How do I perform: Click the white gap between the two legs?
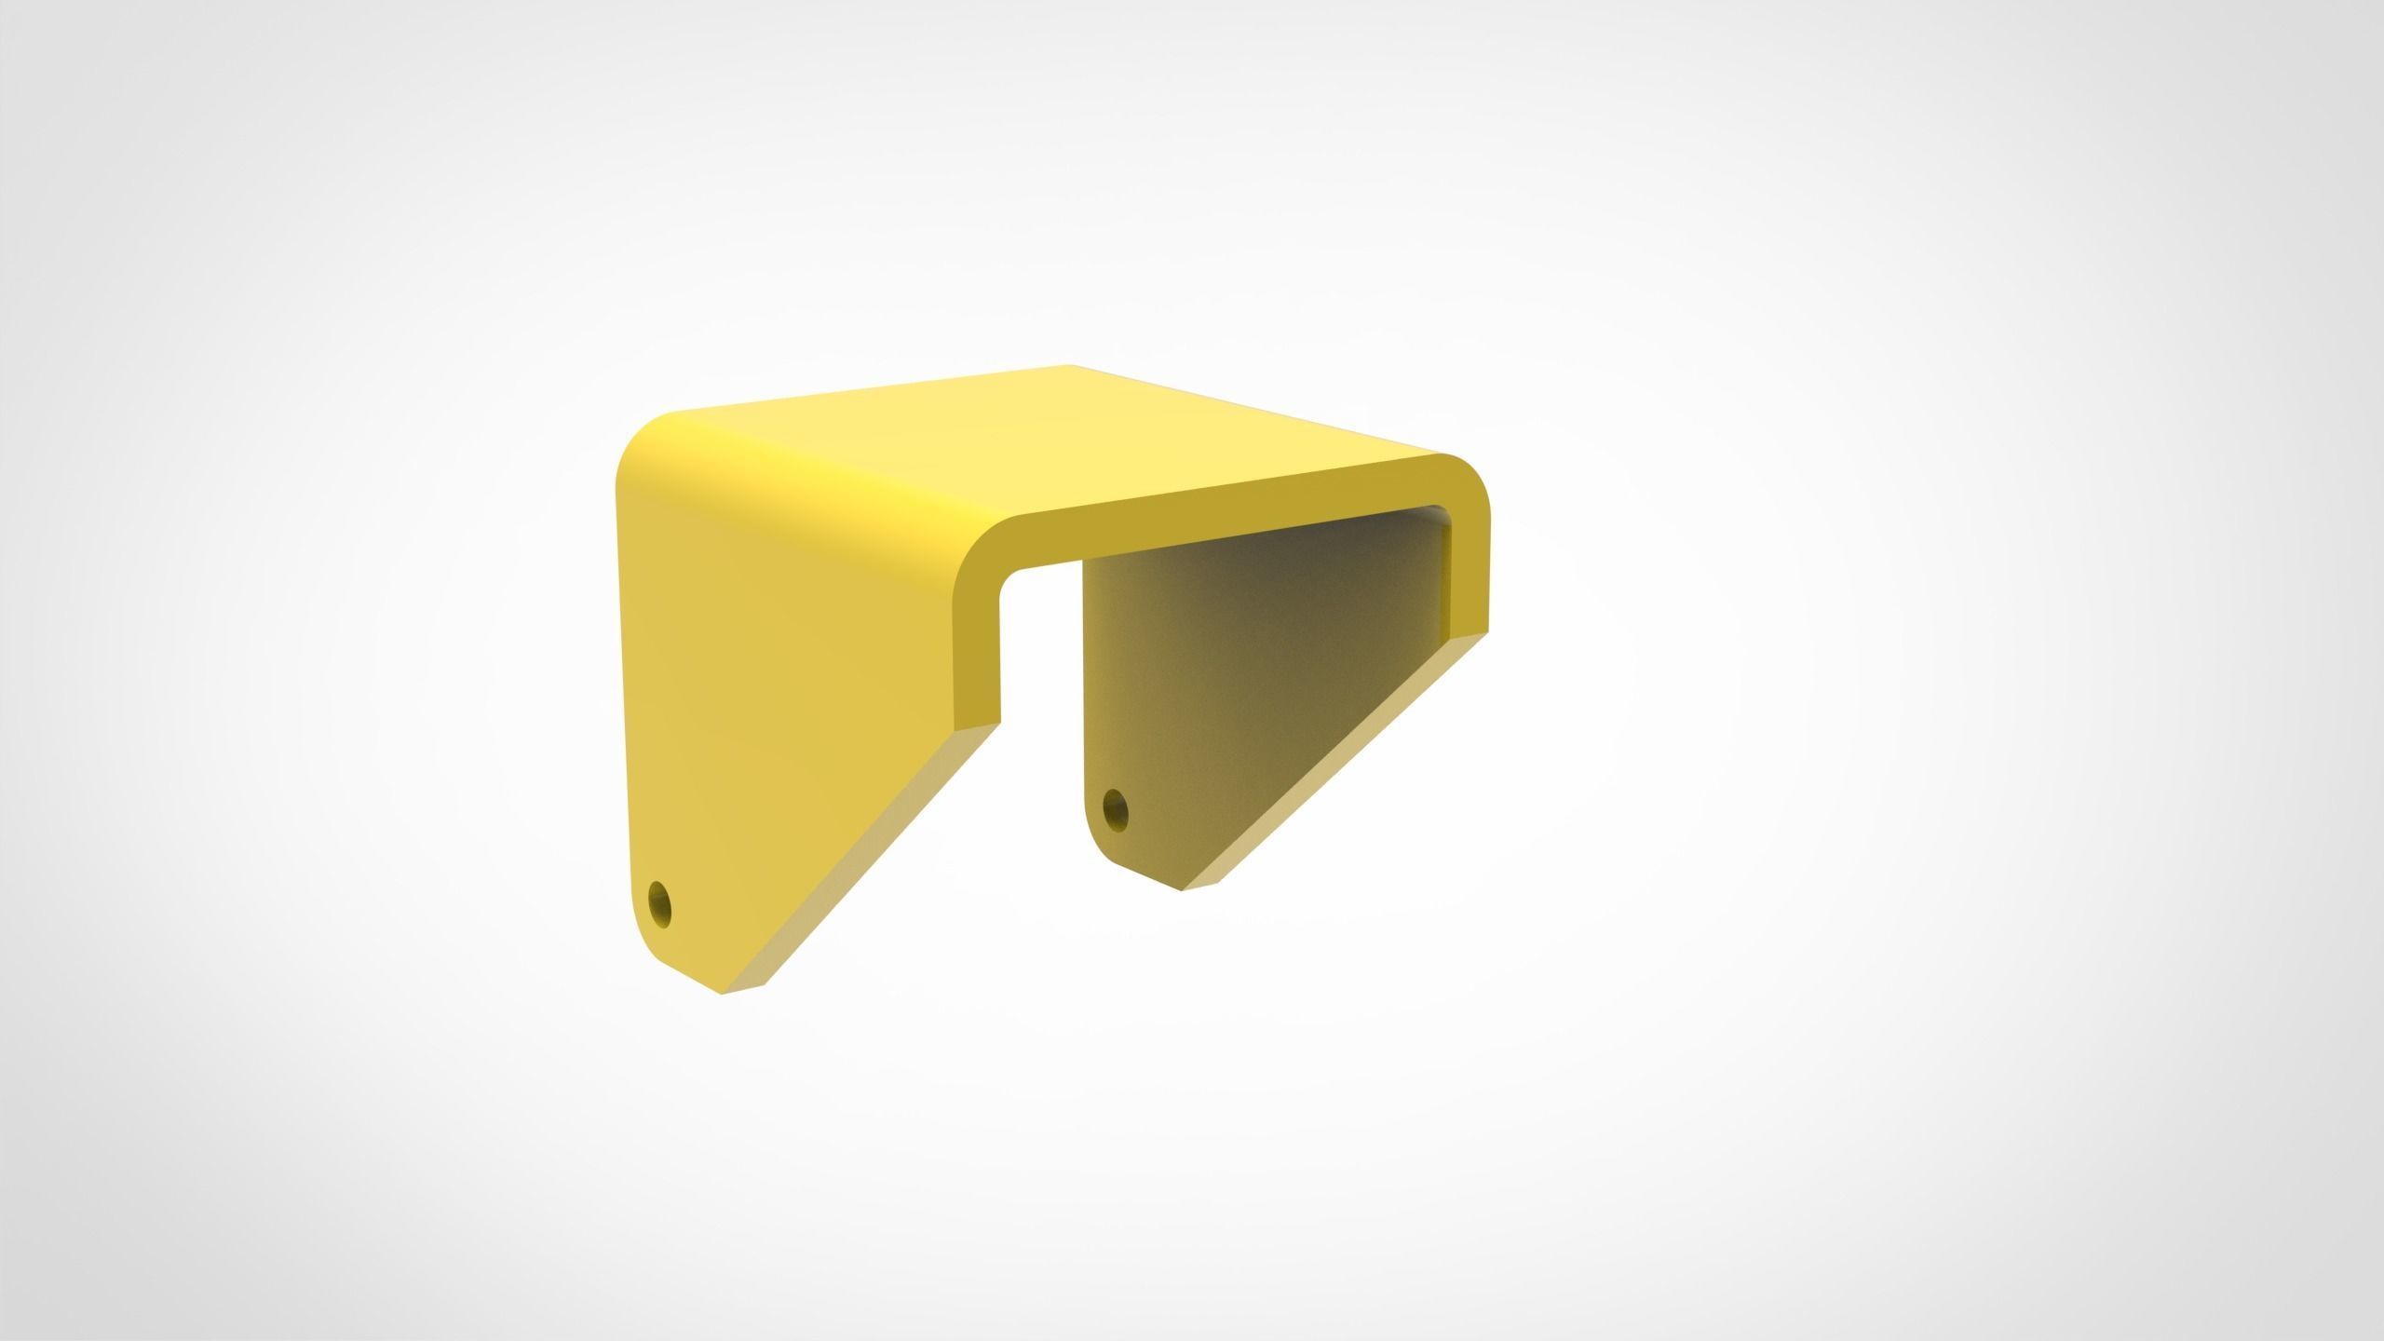point(1043,726)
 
